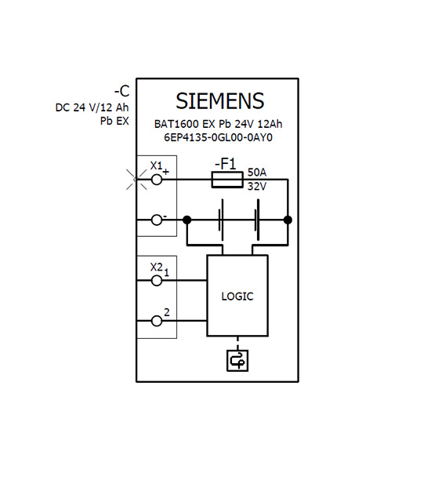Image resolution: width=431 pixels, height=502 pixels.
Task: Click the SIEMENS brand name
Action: click(x=220, y=101)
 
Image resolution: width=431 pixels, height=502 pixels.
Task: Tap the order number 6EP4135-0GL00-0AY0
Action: click(x=219, y=137)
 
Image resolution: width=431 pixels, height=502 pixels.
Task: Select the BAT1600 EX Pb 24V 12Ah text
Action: click(x=219, y=124)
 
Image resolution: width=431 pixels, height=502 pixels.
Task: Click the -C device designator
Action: click(x=121, y=91)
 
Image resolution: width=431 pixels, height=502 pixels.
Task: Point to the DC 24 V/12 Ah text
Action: click(x=92, y=107)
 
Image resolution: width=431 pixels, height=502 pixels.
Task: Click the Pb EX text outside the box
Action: click(x=114, y=121)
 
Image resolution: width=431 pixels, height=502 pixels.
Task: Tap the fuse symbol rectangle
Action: click(x=227, y=180)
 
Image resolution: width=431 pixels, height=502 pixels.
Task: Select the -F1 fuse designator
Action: click(x=226, y=164)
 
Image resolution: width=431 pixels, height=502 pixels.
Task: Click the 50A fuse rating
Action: click(x=257, y=173)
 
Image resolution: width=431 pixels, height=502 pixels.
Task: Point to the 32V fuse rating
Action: click(x=257, y=186)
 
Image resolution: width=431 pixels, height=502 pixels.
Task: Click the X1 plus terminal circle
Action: click(x=157, y=180)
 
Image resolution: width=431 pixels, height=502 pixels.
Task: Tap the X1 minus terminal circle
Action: click(x=157, y=220)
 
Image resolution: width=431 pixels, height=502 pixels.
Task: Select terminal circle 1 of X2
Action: click(x=157, y=281)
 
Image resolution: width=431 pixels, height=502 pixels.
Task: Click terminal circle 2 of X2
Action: click(x=157, y=321)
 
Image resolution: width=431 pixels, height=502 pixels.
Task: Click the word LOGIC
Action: click(x=237, y=296)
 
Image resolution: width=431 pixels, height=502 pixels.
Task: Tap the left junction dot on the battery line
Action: click(x=187, y=220)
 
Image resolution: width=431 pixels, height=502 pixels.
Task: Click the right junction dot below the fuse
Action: click(x=288, y=220)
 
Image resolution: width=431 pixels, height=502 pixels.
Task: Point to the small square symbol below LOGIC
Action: click(x=237, y=361)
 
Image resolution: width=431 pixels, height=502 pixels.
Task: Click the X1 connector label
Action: click(x=157, y=166)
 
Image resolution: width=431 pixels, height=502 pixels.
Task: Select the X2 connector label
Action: click(x=157, y=267)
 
